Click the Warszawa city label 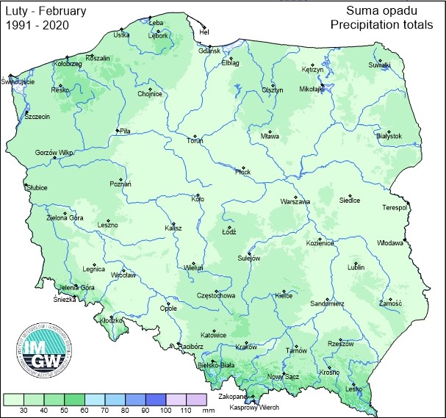pyautogui.click(x=295, y=201)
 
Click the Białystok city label pyautogui.click(x=389, y=136)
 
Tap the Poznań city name pyautogui.click(x=121, y=184)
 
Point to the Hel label pyautogui.click(x=205, y=32)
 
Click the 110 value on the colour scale pyautogui.click(x=184, y=410)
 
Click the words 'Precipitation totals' pyautogui.click(x=381, y=25)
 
